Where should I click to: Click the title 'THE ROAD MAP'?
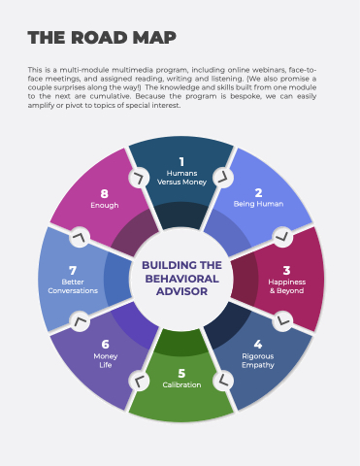point(102,38)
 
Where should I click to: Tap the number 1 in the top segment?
point(181,161)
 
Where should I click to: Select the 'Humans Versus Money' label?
point(181,178)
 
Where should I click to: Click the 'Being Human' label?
point(258,204)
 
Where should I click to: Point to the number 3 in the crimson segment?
point(286,270)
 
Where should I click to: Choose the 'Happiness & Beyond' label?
point(287,286)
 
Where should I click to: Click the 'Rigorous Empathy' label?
point(258,360)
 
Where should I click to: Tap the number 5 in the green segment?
point(181,373)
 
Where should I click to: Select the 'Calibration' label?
point(181,384)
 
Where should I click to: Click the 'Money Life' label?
point(106,360)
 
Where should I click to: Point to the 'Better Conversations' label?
point(73,286)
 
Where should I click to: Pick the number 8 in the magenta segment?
point(104,194)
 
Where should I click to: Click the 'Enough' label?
point(105,206)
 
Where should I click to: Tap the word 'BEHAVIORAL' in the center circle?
point(181,279)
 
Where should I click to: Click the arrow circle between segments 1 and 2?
point(223,178)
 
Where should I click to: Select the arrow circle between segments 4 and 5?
point(223,381)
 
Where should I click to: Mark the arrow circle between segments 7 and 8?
point(80,237)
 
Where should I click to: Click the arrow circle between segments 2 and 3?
point(282,237)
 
